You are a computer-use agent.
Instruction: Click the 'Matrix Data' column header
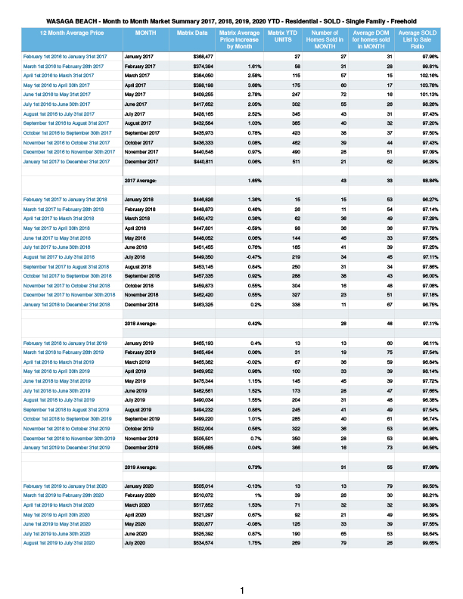[191, 33]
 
